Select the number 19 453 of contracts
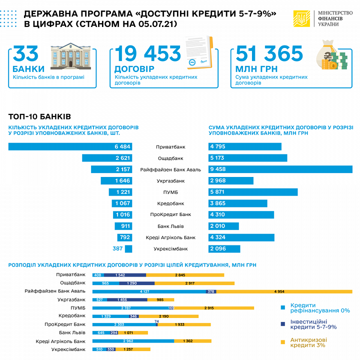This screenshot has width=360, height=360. [x=147, y=53]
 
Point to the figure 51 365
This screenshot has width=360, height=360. [x=269, y=53]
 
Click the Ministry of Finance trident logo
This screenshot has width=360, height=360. [x=301, y=19]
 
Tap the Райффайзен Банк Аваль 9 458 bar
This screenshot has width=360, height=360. [x=280, y=169]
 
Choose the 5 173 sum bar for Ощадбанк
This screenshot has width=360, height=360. [x=247, y=158]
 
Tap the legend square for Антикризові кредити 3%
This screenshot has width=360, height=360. [x=283, y=341]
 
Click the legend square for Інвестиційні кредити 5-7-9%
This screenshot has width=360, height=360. [x=283, y=323]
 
